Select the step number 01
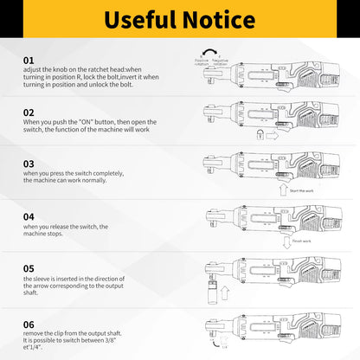click(29, 59)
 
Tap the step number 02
click(29, 112)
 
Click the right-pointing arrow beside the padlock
click(273, 134)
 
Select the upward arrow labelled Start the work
click(281, 188)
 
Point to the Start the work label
click(303, 190)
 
